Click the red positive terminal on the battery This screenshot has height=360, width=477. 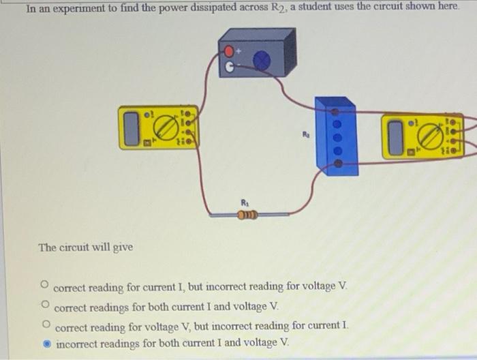coord(229,52)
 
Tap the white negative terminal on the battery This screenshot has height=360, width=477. coord(230,67)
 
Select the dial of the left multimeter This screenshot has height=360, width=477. coord(165,127)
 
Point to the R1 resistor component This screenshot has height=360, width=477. coord(246,215)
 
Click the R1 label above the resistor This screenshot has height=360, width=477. coord(245,202)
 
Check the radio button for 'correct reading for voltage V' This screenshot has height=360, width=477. coord(45,323)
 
